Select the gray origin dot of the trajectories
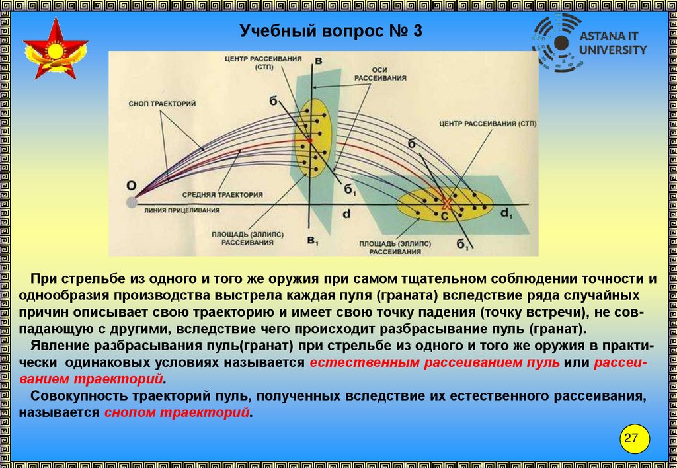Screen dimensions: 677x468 tap(132, 201)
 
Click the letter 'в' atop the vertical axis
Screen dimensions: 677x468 tap(318, 61)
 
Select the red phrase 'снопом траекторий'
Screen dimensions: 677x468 tap(177, 412)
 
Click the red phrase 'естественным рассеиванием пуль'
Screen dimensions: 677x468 tap(434, 362)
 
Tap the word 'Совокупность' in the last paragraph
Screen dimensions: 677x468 tap(69, 396)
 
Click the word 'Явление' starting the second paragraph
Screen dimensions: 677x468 tap(53, 346)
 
